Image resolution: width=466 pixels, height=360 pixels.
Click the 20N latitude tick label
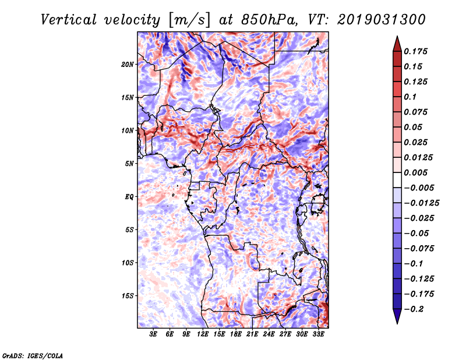127,65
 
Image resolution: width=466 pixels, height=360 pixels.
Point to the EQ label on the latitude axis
129,197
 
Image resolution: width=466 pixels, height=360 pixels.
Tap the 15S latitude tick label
127,296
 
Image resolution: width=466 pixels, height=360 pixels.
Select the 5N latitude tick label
129,164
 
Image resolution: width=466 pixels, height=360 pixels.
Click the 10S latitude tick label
127,263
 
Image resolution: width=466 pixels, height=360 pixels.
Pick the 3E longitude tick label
153,334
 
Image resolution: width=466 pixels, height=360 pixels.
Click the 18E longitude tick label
236,334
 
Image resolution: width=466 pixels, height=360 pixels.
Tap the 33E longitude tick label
318,334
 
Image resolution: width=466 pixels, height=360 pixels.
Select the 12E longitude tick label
203,334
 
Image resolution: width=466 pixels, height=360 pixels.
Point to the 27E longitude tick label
285,334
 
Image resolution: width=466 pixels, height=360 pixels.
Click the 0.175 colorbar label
415,51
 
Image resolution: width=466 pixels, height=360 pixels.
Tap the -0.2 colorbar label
414,309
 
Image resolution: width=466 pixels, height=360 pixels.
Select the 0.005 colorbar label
415,172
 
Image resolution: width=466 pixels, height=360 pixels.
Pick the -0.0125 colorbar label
421,203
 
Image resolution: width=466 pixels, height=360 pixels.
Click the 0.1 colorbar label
410,97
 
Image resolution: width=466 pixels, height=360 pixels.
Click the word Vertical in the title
69,20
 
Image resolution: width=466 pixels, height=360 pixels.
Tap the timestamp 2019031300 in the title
382,20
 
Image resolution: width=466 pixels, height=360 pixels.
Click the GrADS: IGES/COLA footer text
33,355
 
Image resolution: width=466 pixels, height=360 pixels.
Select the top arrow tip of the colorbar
397,36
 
